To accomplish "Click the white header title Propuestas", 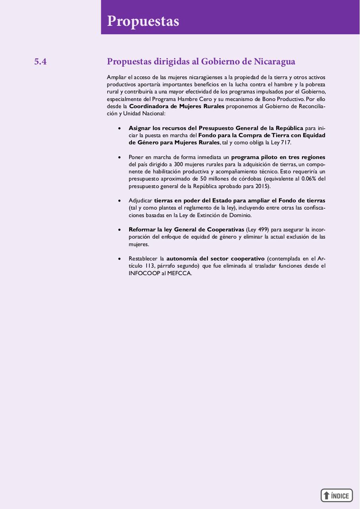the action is click(x=143, y=21).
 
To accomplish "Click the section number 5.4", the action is click(x=41, y=62).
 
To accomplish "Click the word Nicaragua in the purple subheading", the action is click(x=274, y=62).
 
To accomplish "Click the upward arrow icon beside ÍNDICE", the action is click(x=327, y=495).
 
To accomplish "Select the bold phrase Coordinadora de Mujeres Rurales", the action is click(x=176, y=106).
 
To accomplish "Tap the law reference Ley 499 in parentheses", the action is click(x=258, y=229).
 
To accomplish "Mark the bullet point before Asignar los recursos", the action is click(x=119, y=128).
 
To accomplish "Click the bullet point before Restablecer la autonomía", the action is click(x=119, y=259).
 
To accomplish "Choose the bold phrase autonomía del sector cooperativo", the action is click(x=215, y=258).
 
